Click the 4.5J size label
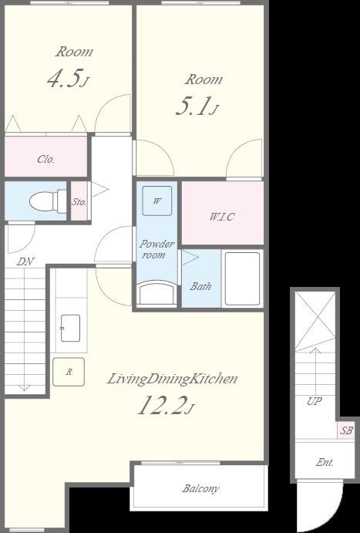(x=68, y=79)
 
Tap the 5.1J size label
(x=197, y=106)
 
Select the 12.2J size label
(x=166, y=406)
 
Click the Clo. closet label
(x=45, y=159)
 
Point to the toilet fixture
(x=48, y=201)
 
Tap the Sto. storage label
(x=79, y=202)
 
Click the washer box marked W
(x=157, y=201)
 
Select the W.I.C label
(x=222, y=217)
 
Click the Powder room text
(x=157, y=249)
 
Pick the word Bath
(x=200, y=286)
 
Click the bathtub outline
(x=243, y=278)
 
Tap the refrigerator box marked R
(x=69, y=372)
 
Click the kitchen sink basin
(x=70, y=328)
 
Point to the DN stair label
(x=25, y=261)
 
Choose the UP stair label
(x=315, y=401)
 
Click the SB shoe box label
(x=346, y=430)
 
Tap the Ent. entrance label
(x=325, y=462)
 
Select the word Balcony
(x=200, y=488)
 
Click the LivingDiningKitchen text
(x=172, y=379)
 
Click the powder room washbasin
(x=157, y=292)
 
